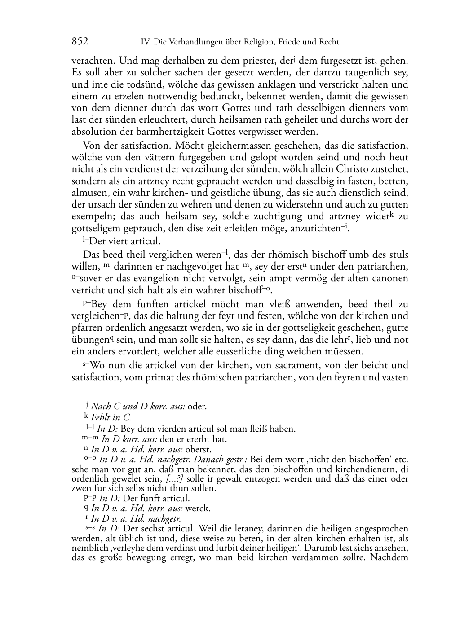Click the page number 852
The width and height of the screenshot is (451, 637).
(x=80, y=42)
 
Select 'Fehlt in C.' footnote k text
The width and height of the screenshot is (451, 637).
(x=111, y=417)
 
